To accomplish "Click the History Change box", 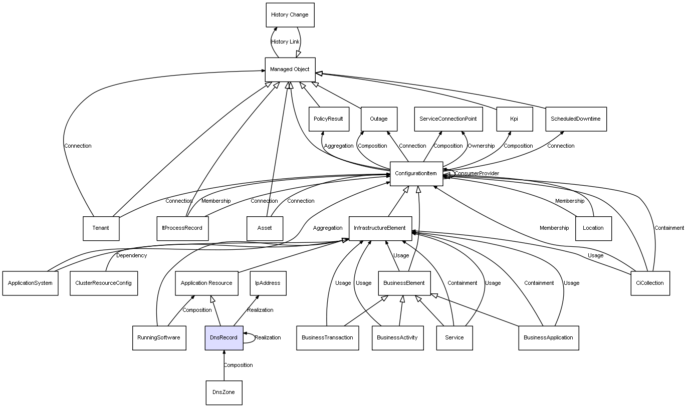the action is click(290, 15).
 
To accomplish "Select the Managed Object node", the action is click(290, 70).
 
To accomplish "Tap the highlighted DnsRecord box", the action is click(224, 338).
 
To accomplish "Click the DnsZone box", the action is click(224, 392).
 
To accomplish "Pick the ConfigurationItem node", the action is click(416, 174).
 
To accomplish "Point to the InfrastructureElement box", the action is click(380, 229).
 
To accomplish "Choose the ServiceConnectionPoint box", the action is click(448, 119).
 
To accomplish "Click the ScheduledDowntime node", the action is click(576, 119).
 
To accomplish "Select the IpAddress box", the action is click(268, 283).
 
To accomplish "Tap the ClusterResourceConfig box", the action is click(104, 283).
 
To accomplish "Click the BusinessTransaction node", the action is click(327, 338).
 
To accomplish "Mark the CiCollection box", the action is click(650, 283).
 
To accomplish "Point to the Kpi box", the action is click(515, 119).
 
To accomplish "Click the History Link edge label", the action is click(285, 42).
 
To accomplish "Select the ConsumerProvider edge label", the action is click(477, 173).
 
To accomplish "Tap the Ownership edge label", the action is click(481, 146).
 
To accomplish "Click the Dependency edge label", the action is click(131, 255).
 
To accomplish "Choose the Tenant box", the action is click(101, 229).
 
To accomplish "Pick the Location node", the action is click(593, 229).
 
